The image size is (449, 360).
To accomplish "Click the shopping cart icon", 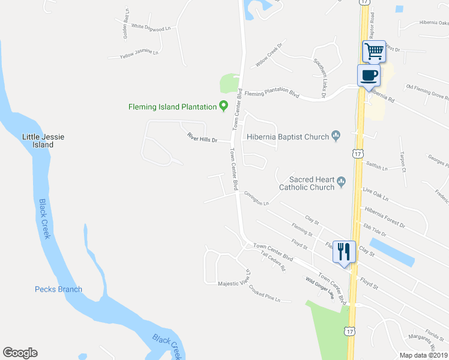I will [374, 51].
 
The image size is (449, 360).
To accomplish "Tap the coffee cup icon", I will [368, 76].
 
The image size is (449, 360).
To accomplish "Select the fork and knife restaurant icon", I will [343, 250].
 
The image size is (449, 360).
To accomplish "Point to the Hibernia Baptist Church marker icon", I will [336, 137].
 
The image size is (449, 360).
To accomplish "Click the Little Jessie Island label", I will [43, 140].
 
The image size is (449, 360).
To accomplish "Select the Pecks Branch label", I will [58, 289].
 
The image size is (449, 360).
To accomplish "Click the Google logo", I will [20, 353].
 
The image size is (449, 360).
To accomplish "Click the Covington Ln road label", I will [257, 199].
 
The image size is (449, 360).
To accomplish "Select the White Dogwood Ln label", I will [151, 27].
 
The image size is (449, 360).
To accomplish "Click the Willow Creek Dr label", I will [268, 58].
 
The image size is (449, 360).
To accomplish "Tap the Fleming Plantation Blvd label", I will [272, 94].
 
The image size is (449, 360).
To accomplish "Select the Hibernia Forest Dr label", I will [385, 217].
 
